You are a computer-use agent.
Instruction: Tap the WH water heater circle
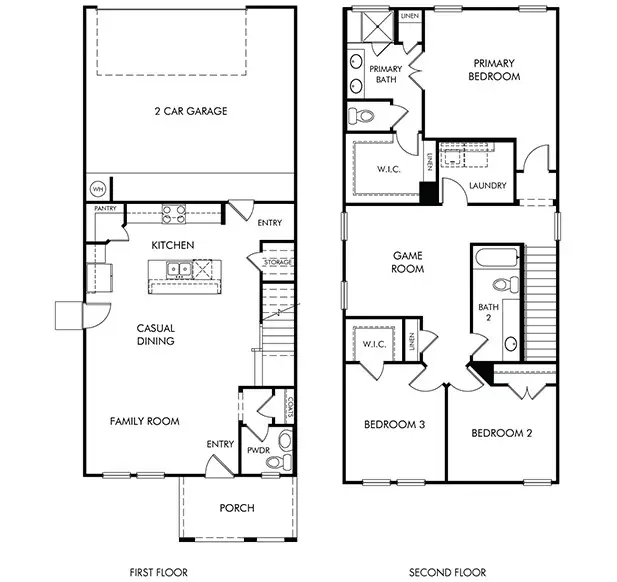click(98, 188)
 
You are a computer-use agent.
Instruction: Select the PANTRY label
click(106, 208)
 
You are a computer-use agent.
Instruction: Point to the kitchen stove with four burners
click(174, 213)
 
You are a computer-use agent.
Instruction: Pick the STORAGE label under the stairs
click(277, 262)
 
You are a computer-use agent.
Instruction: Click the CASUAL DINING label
click(156, 334)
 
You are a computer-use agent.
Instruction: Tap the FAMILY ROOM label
click(144, 421)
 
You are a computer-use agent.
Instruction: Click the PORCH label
click(237, 508)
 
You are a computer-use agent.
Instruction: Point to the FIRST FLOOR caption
click(159, 572)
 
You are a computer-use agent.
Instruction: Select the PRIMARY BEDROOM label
click(496, 69)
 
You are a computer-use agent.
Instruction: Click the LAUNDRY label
click(487, 186)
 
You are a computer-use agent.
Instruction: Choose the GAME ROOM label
click(407, 262)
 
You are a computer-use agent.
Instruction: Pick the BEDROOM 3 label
click(392, 425)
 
